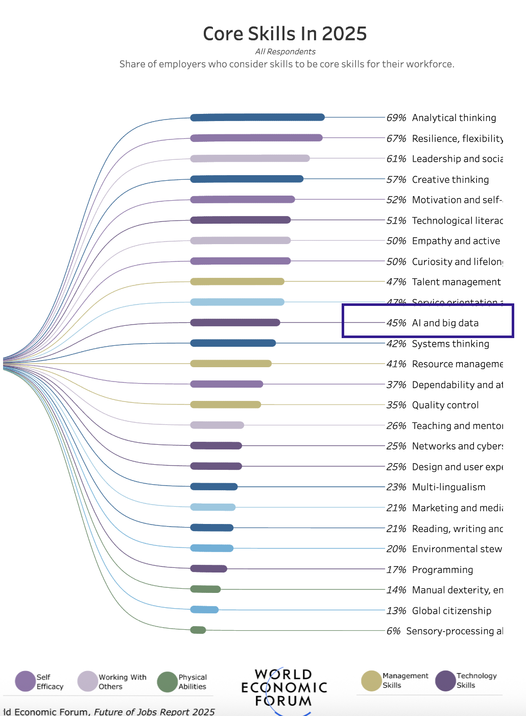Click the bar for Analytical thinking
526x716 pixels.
[257, 117]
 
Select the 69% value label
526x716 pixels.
[396, 118]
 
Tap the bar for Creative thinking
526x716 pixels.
[247, 179]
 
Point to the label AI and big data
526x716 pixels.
[445, 323]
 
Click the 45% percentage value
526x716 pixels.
[396, 323]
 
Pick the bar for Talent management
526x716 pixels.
[237, 281]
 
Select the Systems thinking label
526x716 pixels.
[450, 344]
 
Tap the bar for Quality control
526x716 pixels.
[225, 404]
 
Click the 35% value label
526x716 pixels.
[396, 405]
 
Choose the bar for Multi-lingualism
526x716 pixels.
[213, 487]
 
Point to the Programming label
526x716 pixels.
[442, 569]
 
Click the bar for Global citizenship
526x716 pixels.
[204, 609]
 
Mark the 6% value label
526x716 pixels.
[393, 631]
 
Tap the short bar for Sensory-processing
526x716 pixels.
[198, 630]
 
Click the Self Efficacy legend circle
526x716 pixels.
[25, 681]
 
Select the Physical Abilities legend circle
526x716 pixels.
[167, 682]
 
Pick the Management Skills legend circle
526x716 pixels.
[371, 681]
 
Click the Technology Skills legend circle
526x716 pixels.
[445, 681]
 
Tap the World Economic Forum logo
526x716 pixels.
[284, 687]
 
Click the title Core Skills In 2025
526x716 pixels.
[285, 34]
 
